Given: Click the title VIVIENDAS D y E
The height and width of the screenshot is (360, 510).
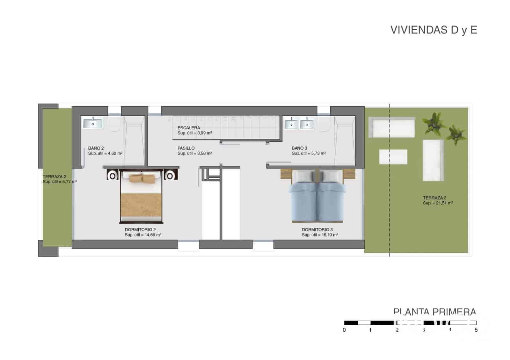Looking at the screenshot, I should point(433,30).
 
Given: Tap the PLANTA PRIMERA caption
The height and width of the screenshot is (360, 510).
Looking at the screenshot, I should point(434,312).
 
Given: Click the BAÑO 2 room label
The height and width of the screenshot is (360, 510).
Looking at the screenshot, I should point(96,148).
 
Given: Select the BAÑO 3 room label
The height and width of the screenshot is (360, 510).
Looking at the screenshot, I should point(299,148).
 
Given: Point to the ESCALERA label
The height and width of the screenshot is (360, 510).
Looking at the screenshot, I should point(189,128).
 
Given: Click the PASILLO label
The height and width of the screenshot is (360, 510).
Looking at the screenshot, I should point(186,148).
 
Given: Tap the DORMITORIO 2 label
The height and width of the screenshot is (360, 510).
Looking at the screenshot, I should point(140,230).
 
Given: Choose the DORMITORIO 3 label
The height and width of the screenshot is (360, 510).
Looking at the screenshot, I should point(317,230).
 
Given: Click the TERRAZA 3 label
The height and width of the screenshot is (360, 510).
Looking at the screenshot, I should point(434,198).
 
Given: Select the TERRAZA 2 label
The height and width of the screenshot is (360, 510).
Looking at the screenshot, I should point(55,176).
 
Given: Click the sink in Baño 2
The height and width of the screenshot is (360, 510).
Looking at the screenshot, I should point(93,124).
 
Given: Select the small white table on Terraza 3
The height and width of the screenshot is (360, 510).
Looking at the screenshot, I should point(393,157).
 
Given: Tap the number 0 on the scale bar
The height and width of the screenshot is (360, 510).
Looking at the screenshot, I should point(344,330).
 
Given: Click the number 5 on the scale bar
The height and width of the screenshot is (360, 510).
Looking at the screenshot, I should point(476,330).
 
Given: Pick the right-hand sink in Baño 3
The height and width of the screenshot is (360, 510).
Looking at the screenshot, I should point(307,124).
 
